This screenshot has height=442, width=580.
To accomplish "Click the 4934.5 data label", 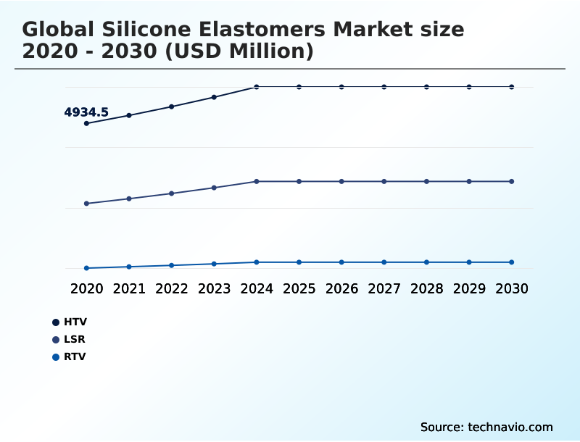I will click(86, 112).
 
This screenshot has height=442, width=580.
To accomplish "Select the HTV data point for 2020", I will click(86, 123).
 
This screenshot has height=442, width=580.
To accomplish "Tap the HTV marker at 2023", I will click(214, 97).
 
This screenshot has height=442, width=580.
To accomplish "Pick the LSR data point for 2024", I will click(257, 181).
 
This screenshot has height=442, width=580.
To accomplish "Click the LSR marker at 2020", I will click(86, 204).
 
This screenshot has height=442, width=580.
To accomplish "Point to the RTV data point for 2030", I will click(511, 262).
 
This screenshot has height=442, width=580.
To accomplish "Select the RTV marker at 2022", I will click(172, 265).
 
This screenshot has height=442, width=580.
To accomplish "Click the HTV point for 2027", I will click(384, 87).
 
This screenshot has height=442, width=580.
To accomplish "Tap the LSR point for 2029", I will click(469, 181).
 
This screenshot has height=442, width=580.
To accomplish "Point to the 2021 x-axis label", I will click(129, 288).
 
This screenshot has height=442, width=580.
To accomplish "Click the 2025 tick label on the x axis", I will click(299, 288).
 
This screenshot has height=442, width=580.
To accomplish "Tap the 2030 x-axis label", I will click(511, 288).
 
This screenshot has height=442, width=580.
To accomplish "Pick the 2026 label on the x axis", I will click(341, 288).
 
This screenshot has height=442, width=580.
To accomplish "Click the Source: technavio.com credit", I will click(486, 427).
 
